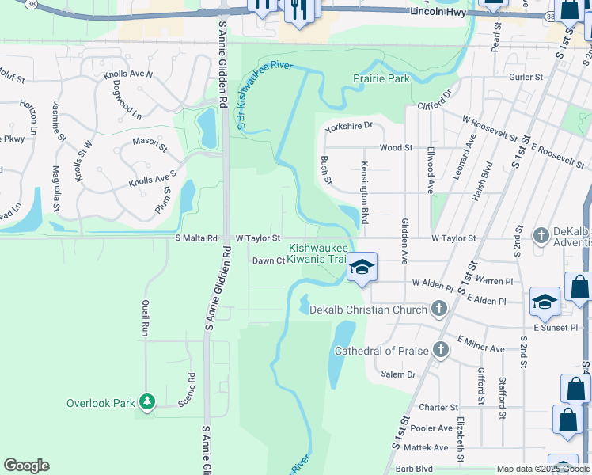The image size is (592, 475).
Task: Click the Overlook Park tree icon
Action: [x=146, y=402]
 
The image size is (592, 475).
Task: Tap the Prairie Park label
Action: [x=381, y=78]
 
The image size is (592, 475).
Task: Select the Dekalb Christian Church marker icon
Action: [x=440, y=310]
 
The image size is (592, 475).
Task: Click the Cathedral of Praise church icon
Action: [x=440, y=350]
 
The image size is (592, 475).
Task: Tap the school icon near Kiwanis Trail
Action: [x=362, y=267]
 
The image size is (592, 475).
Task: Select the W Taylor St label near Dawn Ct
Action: [x=258, y=237]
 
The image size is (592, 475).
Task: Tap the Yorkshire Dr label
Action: [x=348, y=126]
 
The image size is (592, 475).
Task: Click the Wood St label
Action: [x=396, y=148]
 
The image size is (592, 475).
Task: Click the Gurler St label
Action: [x=526, y=78]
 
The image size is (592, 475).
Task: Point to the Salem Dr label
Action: [x=397, y=374]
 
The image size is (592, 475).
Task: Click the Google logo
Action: [x=26, y=465]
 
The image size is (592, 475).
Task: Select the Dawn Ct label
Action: [x=268, y=260]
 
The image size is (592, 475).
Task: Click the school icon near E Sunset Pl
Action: [x=545, y=302]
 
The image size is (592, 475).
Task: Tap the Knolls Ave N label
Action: [x=127, y=74]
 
